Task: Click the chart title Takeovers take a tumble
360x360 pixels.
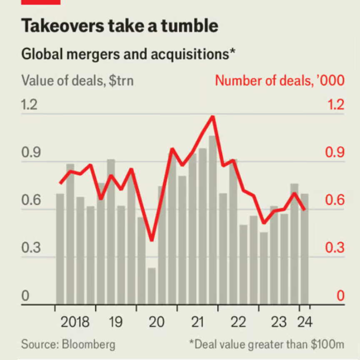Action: (120, 26)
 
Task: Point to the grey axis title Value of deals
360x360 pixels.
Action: (77, 80)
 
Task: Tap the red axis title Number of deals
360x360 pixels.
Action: (280, 80)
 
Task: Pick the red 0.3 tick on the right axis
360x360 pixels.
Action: (335, 248)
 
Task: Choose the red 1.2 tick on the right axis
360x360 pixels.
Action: (335, 105)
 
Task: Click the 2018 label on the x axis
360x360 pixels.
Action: (75, 322)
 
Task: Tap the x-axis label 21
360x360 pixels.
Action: (197, 322)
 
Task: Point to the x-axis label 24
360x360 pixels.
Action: (304, 322)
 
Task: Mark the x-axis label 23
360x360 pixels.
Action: (278, 322)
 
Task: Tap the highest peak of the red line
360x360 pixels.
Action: (213, 117)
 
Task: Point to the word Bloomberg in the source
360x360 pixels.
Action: (89, 344)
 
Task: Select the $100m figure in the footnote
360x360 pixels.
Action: (327, 344)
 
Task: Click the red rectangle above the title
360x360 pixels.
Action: (40, 2)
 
